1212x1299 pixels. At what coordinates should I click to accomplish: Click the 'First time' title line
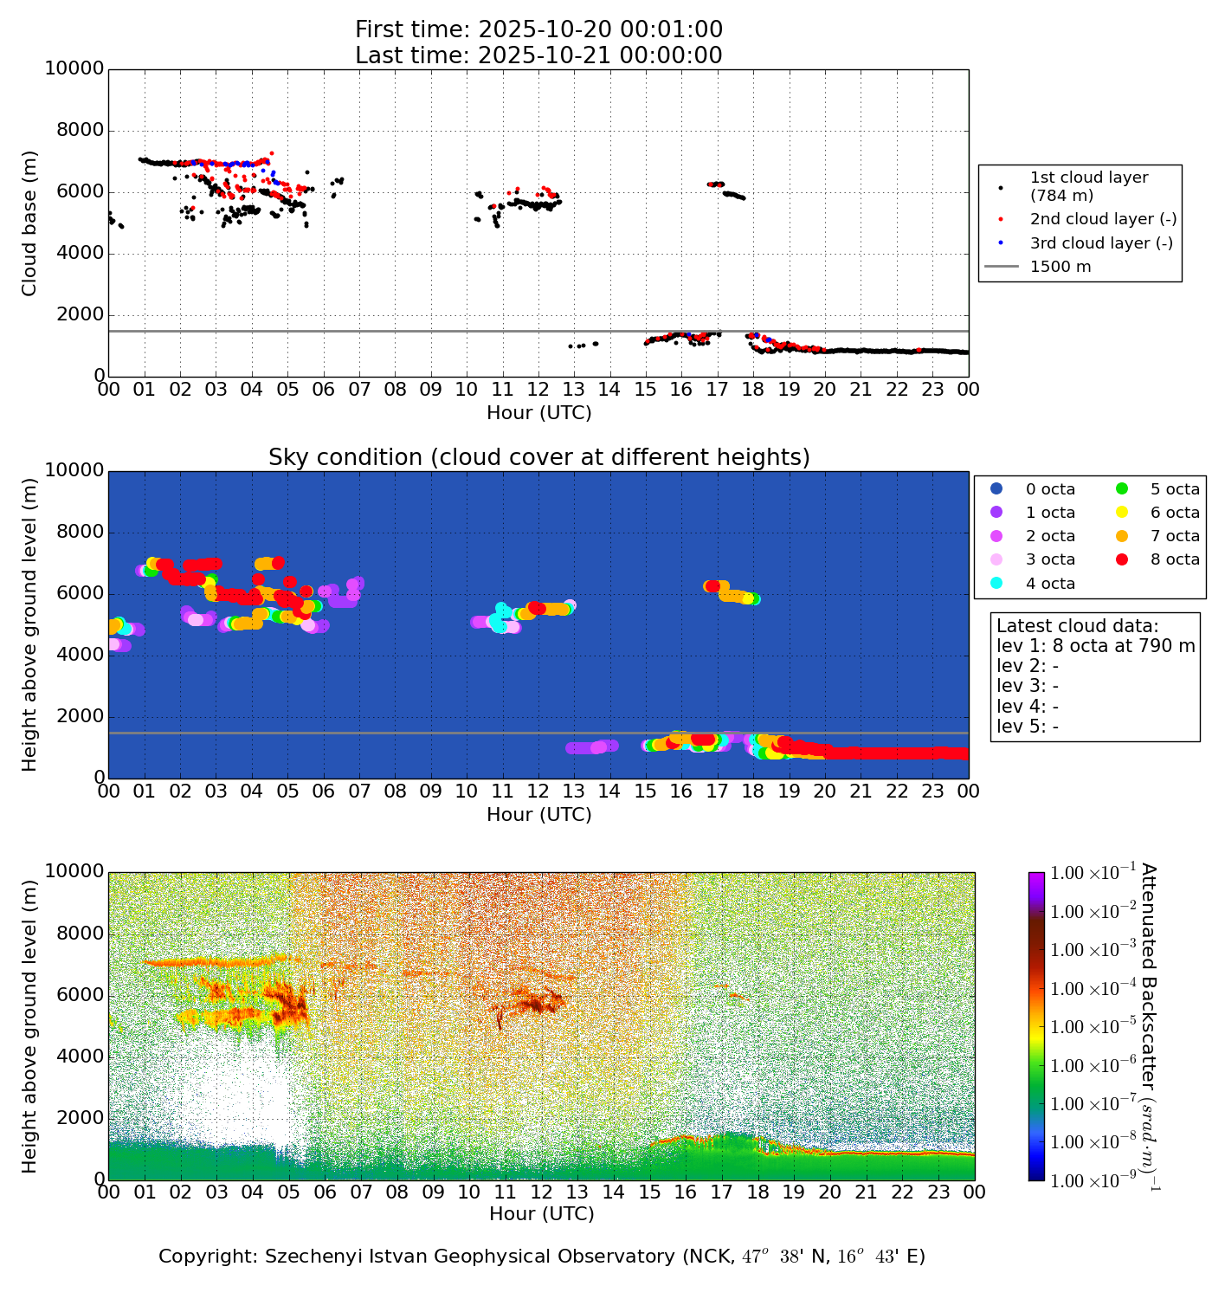(x=538, y=29)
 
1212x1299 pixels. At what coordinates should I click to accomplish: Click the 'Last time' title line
(x=538, y=55)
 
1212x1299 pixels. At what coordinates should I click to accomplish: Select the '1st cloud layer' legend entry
(x=1088, y=186)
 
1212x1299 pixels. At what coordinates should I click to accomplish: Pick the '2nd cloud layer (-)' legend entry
(x=1102, y=219)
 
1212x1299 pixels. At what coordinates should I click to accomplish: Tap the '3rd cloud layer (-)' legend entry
(x=1100, y=243)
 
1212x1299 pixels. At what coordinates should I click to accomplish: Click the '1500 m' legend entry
(x=1060, y=267)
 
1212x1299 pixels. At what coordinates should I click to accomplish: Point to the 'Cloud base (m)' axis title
(x=30, y=223)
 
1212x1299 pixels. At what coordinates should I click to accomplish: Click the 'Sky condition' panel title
(x=538, y=457)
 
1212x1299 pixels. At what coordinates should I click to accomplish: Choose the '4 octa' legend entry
(x=1050, y=584)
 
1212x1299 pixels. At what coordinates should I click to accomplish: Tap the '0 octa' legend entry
(x=1050, y=489)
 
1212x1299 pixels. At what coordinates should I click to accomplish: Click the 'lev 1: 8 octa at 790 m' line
(x=1095, y=646)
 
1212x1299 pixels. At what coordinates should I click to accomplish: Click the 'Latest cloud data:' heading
(x=1077, y=626)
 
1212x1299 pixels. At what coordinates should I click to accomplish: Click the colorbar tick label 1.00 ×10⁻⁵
(x=1092, y=1027)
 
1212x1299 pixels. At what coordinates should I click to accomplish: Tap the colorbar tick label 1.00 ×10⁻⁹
(x=1092, y=1180)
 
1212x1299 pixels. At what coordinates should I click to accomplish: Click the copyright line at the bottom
(x=542, y=1257)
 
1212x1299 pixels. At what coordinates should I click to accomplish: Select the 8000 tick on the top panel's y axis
(x=81, y=131)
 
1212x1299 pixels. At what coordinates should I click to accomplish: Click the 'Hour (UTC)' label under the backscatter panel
(x=542, y=1214)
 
